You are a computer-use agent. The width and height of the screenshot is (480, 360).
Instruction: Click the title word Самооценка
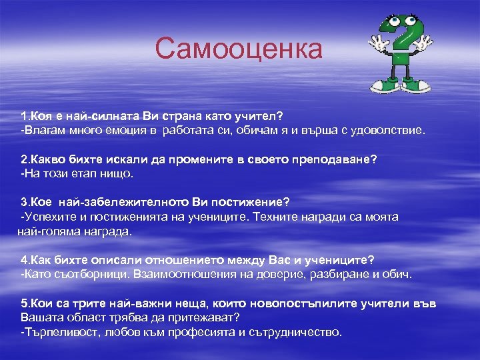pyautogui.click(x=238, y=49)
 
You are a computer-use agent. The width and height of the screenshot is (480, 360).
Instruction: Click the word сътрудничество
pyautogui.click(x=295, y=332)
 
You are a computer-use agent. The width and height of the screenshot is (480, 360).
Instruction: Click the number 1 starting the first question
pyautogui.click(x=25, y=117)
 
